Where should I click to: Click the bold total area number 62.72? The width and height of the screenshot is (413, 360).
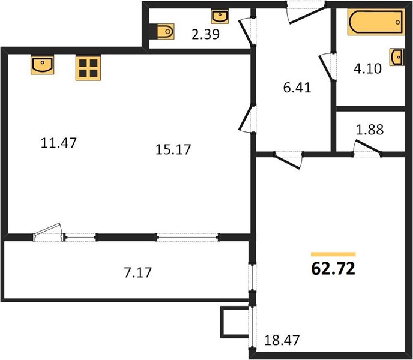333,269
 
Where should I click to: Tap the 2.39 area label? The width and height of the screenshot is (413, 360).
205,34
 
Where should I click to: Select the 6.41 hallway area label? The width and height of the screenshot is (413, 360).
297,88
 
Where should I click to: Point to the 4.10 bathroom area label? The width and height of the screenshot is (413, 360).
367,69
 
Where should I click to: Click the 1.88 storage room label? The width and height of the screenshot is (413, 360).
370,130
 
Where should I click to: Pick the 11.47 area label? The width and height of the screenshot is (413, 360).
59,143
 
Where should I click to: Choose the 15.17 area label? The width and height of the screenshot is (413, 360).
173,149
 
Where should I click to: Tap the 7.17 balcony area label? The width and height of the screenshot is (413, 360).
137,272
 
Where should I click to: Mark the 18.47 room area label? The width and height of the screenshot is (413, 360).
282,340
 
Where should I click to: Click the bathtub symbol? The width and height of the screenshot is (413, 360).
376,22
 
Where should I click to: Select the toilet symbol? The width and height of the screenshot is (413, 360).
166,31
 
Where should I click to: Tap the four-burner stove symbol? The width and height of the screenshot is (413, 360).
88,68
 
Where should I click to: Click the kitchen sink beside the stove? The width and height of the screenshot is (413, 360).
43,65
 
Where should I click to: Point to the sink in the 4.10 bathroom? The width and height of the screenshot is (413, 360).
397,56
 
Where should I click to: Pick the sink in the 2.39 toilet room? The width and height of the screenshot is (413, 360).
220,16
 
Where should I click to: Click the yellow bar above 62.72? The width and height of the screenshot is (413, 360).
333,254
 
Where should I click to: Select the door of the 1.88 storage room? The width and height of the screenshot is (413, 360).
367,149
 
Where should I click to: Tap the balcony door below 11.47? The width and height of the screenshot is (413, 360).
47,232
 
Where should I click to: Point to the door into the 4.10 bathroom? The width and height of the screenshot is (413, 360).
327,67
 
